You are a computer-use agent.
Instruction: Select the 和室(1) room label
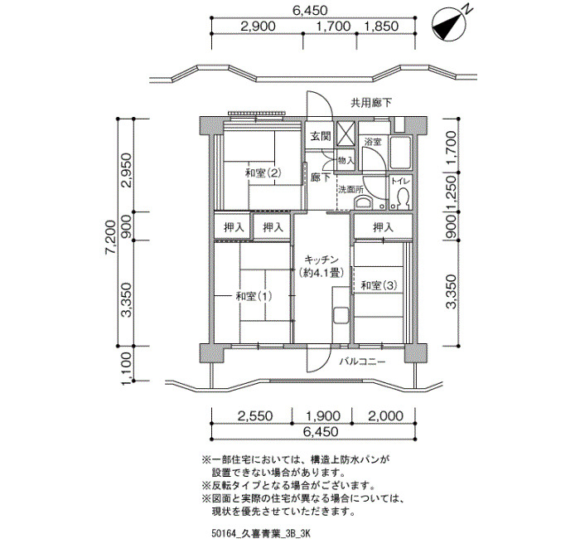[x=254, y=296]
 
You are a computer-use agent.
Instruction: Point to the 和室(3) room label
[x=379, y=285]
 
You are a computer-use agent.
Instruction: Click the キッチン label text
[x=321, y=259]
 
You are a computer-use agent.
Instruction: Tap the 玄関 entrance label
[x=321, y=136]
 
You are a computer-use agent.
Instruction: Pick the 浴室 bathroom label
[x=373, y=142]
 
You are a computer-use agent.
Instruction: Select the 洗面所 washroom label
[x=350, y=190]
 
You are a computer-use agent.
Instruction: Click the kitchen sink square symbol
[x=341, y=315]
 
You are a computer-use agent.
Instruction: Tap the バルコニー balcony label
[x=363, y=362]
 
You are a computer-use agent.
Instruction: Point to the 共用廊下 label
[x=371, y=103]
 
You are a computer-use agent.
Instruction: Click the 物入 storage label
[x=346, y=161]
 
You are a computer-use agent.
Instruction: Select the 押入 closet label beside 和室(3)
[x=383, y=227]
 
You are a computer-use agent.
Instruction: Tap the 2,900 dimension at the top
[x=258, y=27]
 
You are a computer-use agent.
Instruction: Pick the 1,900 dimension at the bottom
[x=322, y=415]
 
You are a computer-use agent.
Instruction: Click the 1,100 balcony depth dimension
[x=126, y=368]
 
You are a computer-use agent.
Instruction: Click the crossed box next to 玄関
[x=345, y=134]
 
